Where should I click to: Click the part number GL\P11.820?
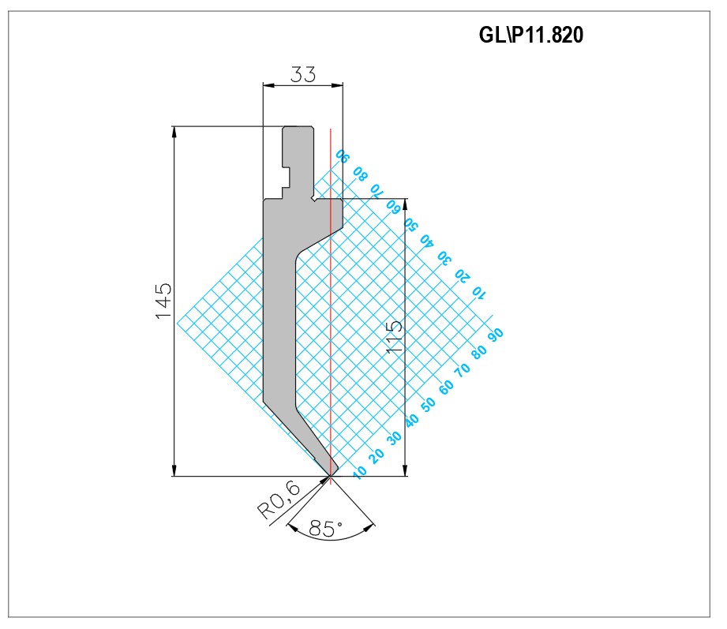coord(531,35)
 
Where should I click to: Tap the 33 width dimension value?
coord(303,74)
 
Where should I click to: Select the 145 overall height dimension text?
coord(163,301)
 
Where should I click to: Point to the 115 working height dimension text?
coord(394,338)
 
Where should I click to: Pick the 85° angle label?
coord(325,529)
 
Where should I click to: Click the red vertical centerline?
coord(331,306)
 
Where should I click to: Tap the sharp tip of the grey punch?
coord(331,476)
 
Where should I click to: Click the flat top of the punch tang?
coord(298,126)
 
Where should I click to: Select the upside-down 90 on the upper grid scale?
coord(343,155)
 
